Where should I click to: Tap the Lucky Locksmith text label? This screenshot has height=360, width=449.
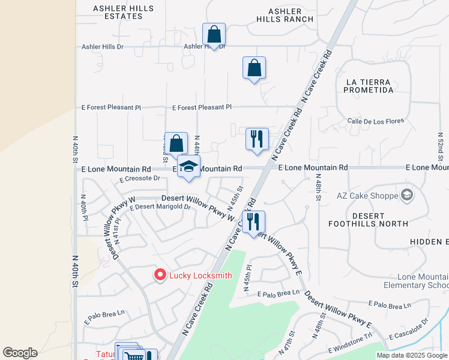coord(200,276)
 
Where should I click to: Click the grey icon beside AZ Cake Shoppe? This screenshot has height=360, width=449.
coord(408,195)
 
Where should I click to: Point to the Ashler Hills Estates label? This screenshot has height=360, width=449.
coord(118,12)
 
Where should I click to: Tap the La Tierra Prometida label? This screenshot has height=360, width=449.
coord(369,86)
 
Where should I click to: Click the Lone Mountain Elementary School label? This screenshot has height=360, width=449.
coord(415,280)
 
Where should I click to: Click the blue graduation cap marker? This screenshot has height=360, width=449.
coord(188,167)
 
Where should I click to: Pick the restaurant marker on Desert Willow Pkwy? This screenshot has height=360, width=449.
coord(253,222)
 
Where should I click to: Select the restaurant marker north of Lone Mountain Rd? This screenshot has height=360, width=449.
coord(257,139)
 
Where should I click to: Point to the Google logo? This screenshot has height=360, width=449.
coord(20,353)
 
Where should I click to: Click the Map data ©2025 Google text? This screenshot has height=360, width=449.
coord(412,355)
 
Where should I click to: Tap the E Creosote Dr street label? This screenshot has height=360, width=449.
coord(140,178)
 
